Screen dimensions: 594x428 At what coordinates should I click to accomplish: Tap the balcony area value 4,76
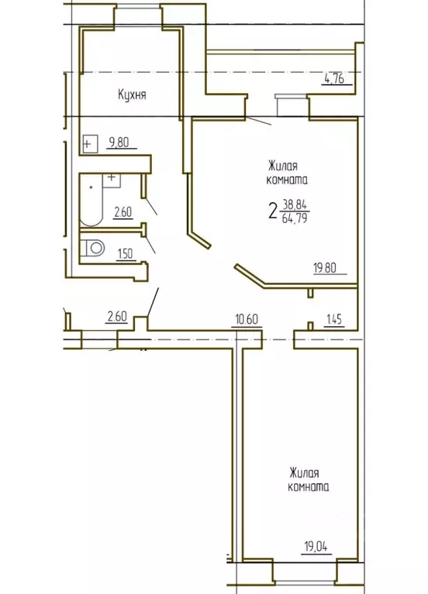click(333, 77)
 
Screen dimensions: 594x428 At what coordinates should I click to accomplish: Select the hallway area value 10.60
click(247, 317)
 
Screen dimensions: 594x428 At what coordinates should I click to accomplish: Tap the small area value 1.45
click(335, 317)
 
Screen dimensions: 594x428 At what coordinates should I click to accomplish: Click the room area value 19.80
click(325, 270)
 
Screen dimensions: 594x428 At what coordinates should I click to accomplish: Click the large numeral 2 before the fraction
click(273, 211)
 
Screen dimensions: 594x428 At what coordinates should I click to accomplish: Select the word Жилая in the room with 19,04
click(305, 472)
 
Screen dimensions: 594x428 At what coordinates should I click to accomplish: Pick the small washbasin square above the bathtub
click(112, 177)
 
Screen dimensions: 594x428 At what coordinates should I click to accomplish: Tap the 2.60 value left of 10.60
click(116, 316)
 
